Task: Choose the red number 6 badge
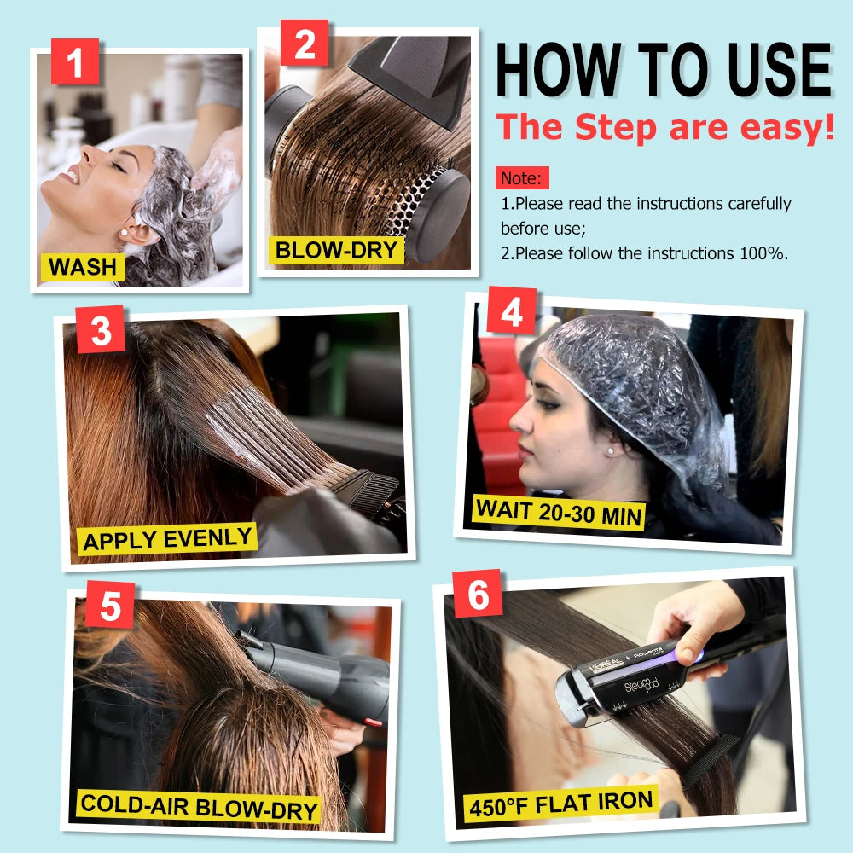(478, 594)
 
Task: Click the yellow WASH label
(83, 266)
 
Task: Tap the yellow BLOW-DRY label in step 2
(337, 250)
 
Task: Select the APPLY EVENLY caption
(168, 538)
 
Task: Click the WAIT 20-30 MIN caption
(559, 511)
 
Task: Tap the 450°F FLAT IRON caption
(560, 803)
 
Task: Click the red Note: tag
(522, 179)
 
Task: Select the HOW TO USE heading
(663, 70)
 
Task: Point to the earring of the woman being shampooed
(124, 231)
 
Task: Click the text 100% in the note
(764, 253)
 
